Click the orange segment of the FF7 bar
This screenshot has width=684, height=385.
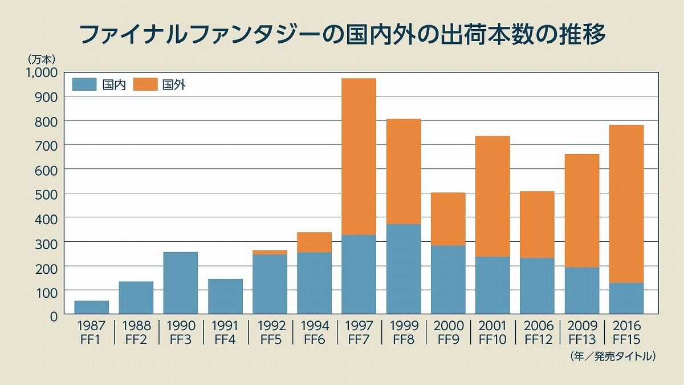pyautogui.click(x=359, y=156)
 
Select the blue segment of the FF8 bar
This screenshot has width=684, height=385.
pyautogui.click(x=404, y=269)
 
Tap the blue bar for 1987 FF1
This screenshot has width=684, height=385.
pyautogui.click(x=91, y=307)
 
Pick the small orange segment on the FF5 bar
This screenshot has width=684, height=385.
pyautogui.click(x=270, y=252)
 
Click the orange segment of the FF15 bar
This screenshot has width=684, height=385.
pyautogui.click(x=626, y=204)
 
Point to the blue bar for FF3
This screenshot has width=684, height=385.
pyautogui.click(x=180, y=283)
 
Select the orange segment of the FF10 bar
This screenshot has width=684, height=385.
pyautogui.click(x=492, y=196)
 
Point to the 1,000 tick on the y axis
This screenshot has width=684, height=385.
pyautogui.click(x=42, y=72)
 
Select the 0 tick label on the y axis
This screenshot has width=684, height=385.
pyautogui.click(x=54, y=315)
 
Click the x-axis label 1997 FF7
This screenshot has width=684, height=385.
pyautogui.click(x=359, y=333)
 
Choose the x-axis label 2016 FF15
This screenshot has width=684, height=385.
pyautogui.click(x=626, y=333)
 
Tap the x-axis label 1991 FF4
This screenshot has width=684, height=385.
pyautogui.click(x=225, y=333)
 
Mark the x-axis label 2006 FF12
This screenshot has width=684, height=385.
pyautogui.click(x=538, y=333)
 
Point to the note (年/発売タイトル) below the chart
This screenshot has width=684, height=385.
pyautogui.click(x=613, y=356)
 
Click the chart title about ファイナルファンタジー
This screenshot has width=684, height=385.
pyautogui.click(x=342, y=34)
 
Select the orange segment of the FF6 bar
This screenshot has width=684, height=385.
pyautogui.click(x=314, y=242)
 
